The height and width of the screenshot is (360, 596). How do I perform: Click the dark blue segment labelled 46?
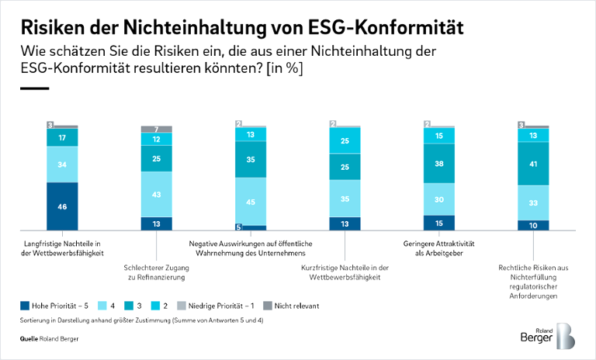tap(62, 206)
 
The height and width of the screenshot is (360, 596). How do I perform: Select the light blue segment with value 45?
tap(251, 202)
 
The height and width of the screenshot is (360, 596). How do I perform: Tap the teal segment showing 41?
tap(533, 164)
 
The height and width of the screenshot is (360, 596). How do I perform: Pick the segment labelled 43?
tap(157, 194)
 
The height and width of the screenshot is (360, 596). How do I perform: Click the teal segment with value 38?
tap(439, 164)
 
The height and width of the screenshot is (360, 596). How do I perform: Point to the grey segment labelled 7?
tap(157, 130)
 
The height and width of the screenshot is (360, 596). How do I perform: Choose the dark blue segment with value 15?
tap(439, 223)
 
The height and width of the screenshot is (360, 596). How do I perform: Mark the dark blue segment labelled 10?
tap(533, 225)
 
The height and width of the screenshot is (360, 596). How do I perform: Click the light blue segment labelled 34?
tap(62, 164)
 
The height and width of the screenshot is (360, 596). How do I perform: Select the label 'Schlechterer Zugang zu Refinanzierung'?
tap(157, 273)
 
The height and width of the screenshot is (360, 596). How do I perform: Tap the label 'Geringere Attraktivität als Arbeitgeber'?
tap(439, 247)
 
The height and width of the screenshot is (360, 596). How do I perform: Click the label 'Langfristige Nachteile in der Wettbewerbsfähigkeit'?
tap(62, 247)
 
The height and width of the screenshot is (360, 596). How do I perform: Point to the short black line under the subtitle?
tap(34, 88)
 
